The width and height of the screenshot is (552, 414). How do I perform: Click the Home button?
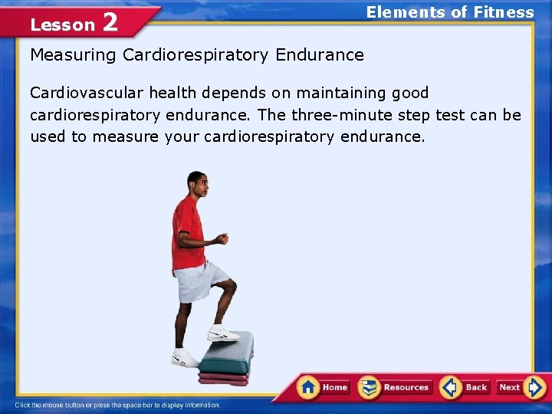tap(324, 387)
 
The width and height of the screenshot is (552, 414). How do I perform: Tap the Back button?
tap(465, 387)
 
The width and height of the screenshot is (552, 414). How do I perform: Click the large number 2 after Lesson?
tap(110, 22)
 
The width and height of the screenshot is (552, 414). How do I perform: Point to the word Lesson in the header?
tap(62, 25)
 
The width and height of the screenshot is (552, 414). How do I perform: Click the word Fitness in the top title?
tap(503, 11)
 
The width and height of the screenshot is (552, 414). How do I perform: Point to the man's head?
tap(197, 184)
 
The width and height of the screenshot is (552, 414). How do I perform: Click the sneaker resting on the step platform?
tap(222, 333)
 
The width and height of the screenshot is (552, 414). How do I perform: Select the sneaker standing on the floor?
tap(185, 358)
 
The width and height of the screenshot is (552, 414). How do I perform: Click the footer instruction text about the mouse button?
tap(118, 405)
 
